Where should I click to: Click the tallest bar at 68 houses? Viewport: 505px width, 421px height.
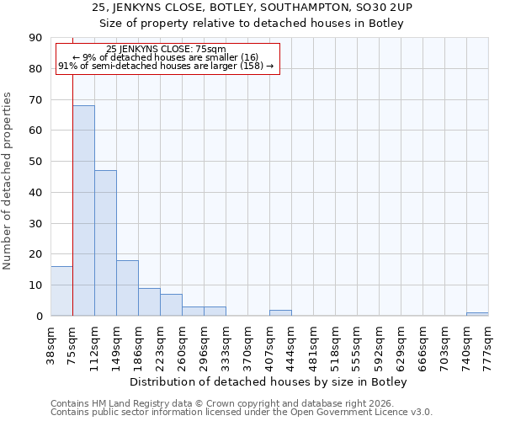click(83, 210)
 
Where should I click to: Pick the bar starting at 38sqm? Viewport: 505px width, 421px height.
click(61, 290)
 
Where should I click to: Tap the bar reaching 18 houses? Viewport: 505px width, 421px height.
click(127, 288)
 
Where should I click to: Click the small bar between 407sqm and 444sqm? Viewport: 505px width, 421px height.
click(280, 312)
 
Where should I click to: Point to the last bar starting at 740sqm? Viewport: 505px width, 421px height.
click(477, 314)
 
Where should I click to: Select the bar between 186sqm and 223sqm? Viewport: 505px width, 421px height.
click(149, 301)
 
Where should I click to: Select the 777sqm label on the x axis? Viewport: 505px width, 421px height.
click(488, 344)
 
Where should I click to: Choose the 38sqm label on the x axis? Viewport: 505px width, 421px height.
click(50, 344)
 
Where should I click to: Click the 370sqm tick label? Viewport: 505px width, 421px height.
click(247, 344)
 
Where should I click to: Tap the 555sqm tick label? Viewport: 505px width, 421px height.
click(357, 344)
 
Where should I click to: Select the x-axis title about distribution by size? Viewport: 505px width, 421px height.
click(268, 381)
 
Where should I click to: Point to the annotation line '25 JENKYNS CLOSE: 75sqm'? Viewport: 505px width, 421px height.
click(166, 49)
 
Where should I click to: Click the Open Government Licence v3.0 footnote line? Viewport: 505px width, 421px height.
click(242, 412)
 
